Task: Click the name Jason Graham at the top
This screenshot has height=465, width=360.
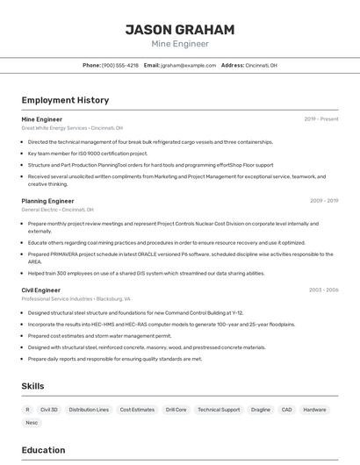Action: (x=180, y=30)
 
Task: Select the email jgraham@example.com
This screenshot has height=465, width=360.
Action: (x=188, y=66)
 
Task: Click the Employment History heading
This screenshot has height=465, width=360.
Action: (x=65, y=101)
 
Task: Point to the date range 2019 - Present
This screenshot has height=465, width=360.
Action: (x=321, y=118)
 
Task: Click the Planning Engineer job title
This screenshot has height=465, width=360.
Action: (x=47, y=201)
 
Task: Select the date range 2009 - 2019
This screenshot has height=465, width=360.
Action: (x=324, y=201)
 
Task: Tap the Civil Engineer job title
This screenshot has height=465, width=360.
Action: (x=40, y=290)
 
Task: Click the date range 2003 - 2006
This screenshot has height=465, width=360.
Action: (x=323, y=290)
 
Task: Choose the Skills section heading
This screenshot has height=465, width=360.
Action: (x=32, y=386)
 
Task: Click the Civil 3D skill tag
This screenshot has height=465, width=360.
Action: (x=49, y=410)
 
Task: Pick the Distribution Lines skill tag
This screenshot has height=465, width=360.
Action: (x=89, y=410)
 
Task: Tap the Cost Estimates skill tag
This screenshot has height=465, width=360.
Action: (x=137, y=410)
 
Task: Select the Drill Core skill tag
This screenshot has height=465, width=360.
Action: (x=176, y=410)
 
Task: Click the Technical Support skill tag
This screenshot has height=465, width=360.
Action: (x=219, y=410)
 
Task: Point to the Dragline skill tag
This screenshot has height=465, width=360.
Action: (x=260, y=410)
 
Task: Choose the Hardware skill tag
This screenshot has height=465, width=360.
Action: (x=314, y=410)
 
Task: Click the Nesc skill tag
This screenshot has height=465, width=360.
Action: (x=32, y=423)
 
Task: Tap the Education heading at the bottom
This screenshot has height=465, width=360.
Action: (x=43, y=450)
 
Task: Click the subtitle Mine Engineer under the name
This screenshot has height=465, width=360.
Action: (x=180, y=44)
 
